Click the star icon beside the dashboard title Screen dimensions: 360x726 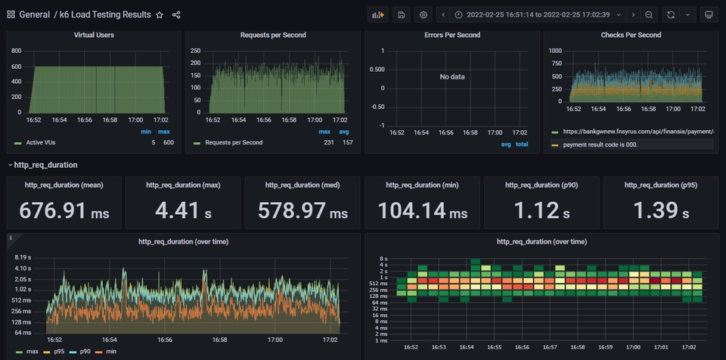click(x=159, y=14)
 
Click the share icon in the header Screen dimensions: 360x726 click(x=176, y=14)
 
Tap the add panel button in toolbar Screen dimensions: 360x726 click(x=377, y=14)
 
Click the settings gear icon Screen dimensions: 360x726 click(x=423, y=14)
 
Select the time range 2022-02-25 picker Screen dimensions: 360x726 click(x=538, y=14)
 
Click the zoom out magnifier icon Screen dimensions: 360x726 click(x=649, y=14)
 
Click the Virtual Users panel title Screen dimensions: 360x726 click(x=95, y=35)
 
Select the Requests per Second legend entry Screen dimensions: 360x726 click(x=234, y=142)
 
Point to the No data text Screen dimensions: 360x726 click(x=452, y=76)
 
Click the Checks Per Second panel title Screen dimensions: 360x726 click(x=631, y=35)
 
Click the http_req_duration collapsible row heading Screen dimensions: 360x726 click(x=45, y=164)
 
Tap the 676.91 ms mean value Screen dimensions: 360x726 click(x=64, y=211)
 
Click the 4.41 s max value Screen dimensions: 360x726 click(x=183, y=211)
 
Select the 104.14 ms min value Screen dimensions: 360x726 click(x=422, y=211)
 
